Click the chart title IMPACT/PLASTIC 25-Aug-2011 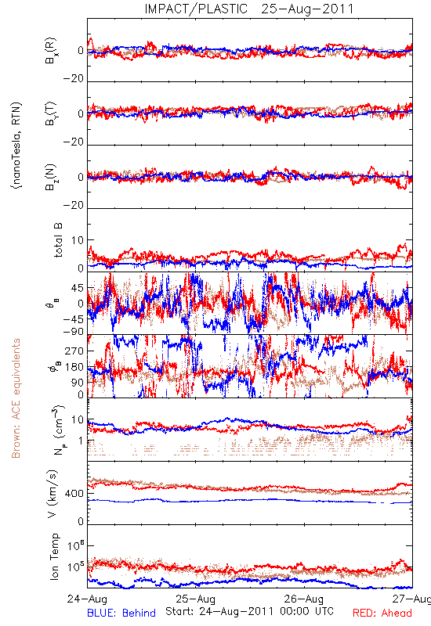(x=249, y=9)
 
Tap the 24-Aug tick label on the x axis (x=87, y=599)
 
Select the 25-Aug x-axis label (x=196, y=599)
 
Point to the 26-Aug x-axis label (x=304, y=599)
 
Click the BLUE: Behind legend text (x=121, y=613)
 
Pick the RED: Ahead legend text (x=382, y=613)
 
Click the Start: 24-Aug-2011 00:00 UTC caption (x=249, y=611)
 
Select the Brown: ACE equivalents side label (x=16, y=398)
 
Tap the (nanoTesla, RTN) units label (x=16, y=146)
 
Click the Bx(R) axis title (x=51, y=50)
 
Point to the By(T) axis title (x=51, y=113)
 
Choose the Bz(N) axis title (x=51, y=177)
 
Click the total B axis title (x=57, y=240)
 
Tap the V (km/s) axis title (x=53, y=494)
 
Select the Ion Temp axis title (x=54, y=556)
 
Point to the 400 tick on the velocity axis (x=74, y=494)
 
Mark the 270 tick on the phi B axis (x=74, y=351)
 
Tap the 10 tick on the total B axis (x=78, y=240)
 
